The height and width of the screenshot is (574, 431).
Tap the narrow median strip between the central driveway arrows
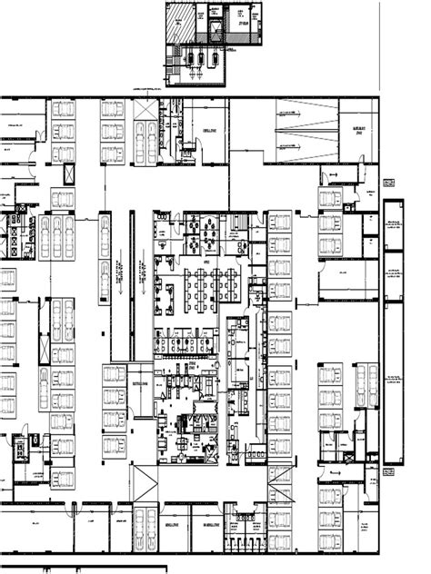click(x=132, y=272)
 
